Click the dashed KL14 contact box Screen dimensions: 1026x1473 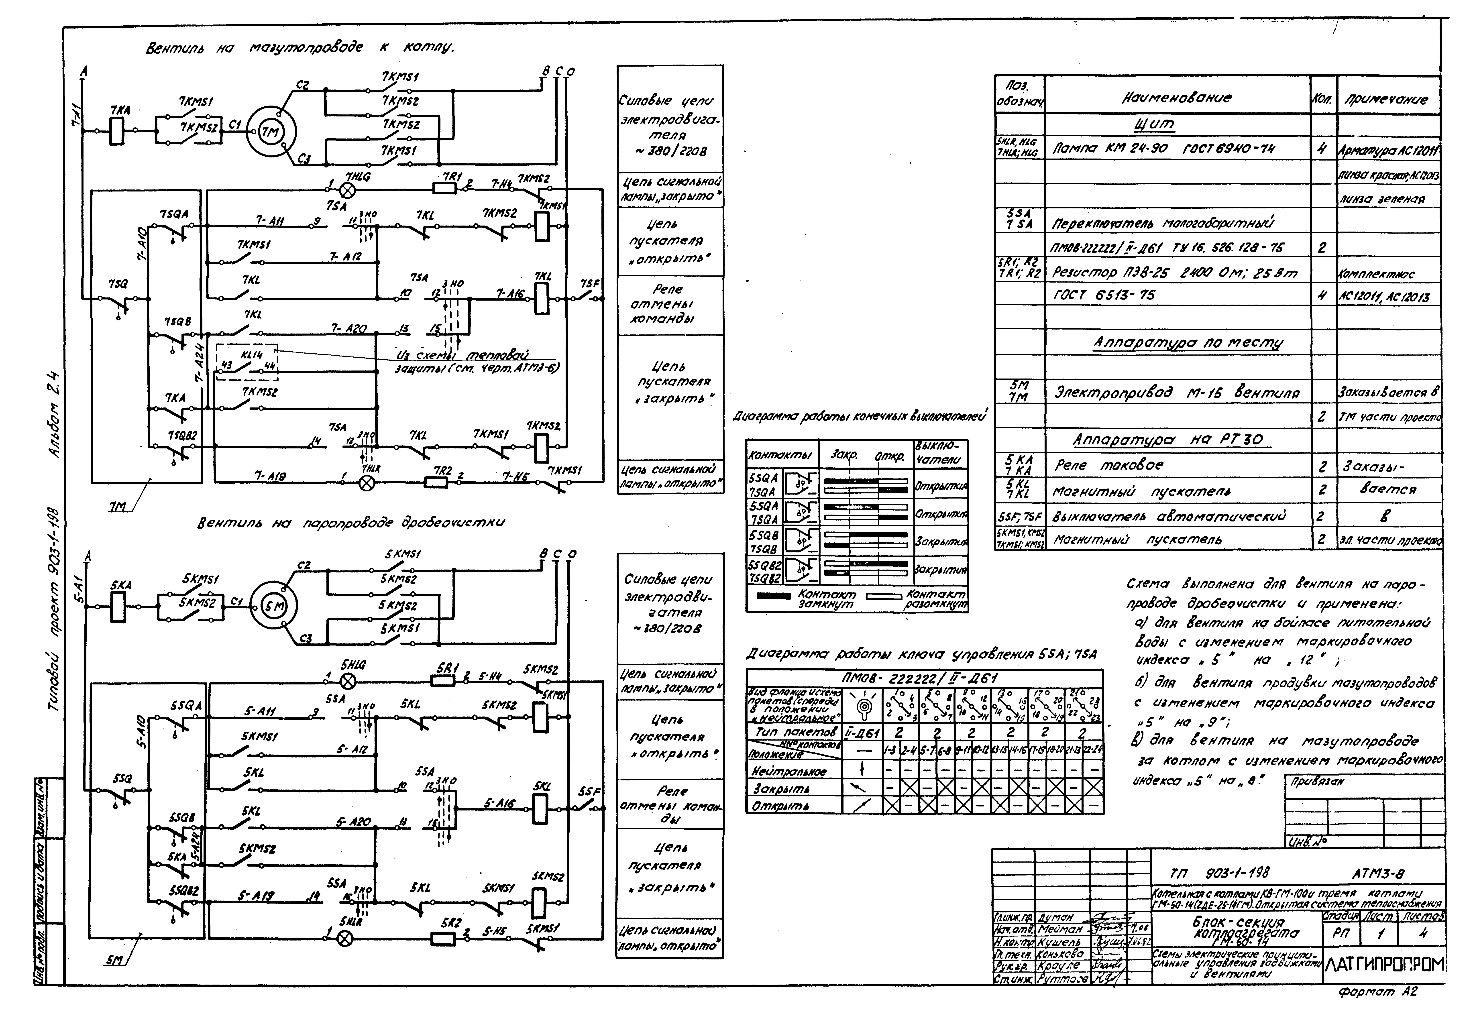coord(247,362)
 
